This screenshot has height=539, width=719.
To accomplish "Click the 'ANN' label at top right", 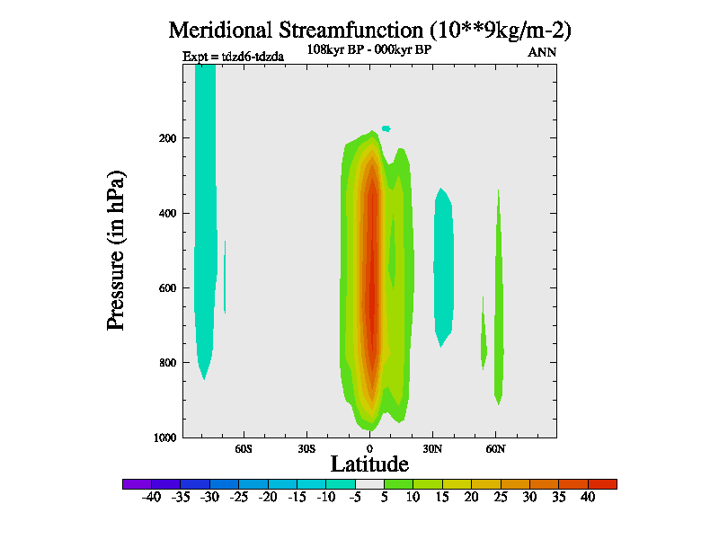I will point(542,52).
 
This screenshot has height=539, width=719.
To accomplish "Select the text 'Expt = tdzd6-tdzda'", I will point(234,57).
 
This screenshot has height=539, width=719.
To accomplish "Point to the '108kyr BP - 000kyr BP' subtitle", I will point(369,50).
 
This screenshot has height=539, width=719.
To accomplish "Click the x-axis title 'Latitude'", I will point(369,464).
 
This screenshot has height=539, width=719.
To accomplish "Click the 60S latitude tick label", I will point(244,448).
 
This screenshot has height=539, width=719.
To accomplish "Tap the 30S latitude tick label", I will point(306,448).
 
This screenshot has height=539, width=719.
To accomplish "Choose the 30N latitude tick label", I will point(432,448).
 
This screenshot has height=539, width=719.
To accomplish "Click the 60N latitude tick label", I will point(495,448).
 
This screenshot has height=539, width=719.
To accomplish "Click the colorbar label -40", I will point(151,497).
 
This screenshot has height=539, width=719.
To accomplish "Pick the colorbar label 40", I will point(588,497).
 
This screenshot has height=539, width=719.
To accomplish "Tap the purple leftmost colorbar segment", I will point(137,483).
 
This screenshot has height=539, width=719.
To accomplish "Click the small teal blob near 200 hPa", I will point(386,128).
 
